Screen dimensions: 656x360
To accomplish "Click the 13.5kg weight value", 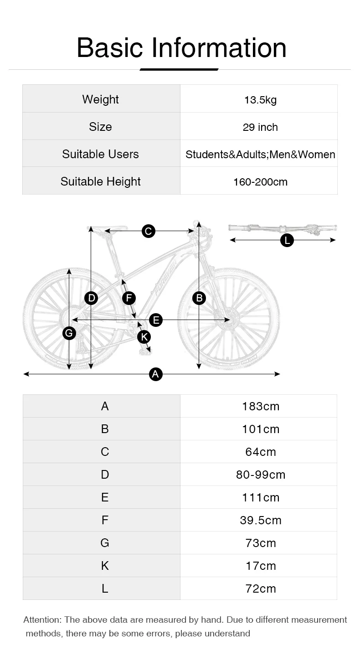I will (x=260, y=100).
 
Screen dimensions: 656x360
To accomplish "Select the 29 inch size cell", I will (x=260, y=127).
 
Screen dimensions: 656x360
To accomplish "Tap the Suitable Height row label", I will (x=101, y=181).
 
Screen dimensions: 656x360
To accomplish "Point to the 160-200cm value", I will (x=260, y=182).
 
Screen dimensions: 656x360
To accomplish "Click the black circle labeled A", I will (x=156, y=374).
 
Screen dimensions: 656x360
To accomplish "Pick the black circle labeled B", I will (x=199, y=298).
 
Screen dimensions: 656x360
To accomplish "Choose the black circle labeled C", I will (x=148, y=231).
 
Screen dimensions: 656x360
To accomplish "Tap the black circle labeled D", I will (x=92, y=298).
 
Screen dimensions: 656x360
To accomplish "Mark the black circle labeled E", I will (x=156, y=320).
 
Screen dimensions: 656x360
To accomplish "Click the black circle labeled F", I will (x=129, y=298).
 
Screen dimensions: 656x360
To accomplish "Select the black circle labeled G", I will (x=69, y=333).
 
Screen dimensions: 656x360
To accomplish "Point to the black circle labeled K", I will (x=144, y=337).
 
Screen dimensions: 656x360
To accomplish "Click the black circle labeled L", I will (x=287, y=240).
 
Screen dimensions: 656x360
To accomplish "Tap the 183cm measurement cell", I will (x=261, y=406).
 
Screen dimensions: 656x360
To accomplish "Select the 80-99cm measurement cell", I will (x=261, y=475).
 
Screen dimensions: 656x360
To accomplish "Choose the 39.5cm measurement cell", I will (x=261, y=520).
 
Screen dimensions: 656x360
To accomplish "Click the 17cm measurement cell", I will (x=261, y=566).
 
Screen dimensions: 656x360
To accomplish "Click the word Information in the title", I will (x=219, y=47).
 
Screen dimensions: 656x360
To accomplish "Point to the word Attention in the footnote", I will (x=42, y=620).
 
